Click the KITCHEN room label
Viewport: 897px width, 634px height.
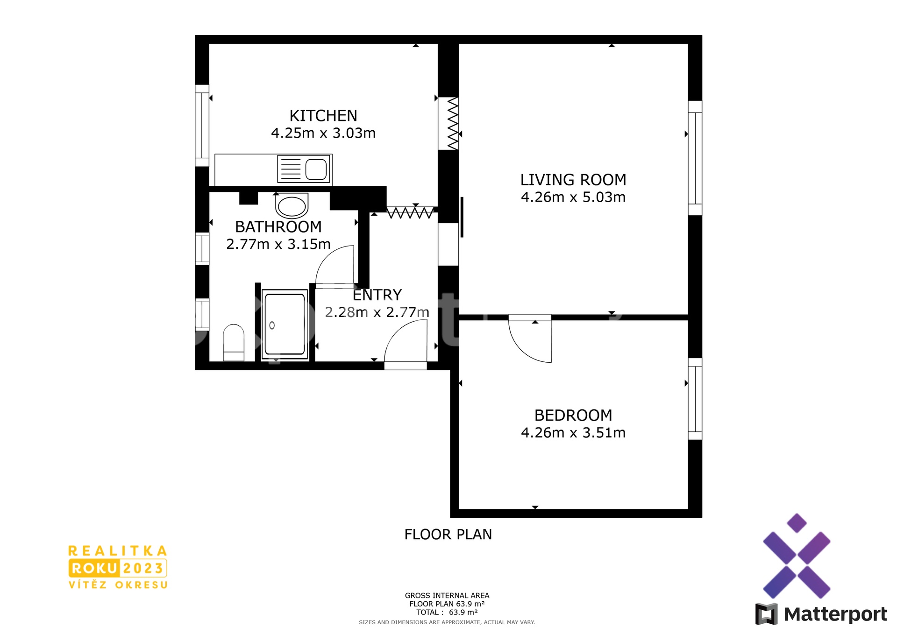(x=323, y=115)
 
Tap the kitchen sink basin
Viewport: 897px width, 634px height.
(x=316, y=169)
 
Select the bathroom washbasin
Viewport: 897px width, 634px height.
(x=292, y=205)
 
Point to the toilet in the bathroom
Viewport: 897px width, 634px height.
(x=234, y=342)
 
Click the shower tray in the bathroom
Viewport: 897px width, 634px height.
(x=285, y=324)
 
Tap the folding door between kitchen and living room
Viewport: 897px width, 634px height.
(x=453, y=123)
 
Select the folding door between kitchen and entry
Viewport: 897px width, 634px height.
(x=410, y=213)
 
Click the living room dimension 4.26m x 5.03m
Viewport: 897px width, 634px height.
(x=573, y=197)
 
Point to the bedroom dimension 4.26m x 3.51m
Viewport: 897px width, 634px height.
(x=573, y=433)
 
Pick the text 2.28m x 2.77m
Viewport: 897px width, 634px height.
(x=377, y=312)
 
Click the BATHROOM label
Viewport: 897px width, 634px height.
(x=278, y=227)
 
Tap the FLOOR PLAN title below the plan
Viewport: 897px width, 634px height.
(x=448, y=534)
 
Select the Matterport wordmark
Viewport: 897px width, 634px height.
(x=835, y=614)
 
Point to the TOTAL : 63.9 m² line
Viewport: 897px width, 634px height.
(x=447, y=612)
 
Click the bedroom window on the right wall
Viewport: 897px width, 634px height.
(x=695, y=399)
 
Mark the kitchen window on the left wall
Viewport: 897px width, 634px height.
(x=202, y=126)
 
